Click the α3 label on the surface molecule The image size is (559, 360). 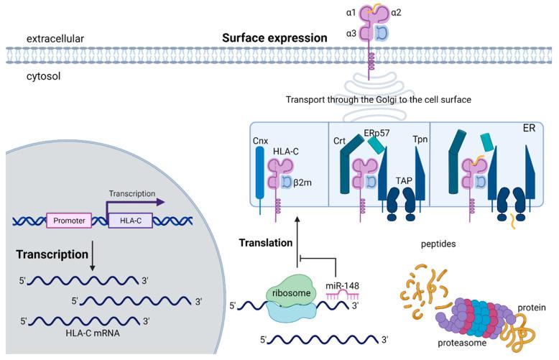point(352,33)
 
